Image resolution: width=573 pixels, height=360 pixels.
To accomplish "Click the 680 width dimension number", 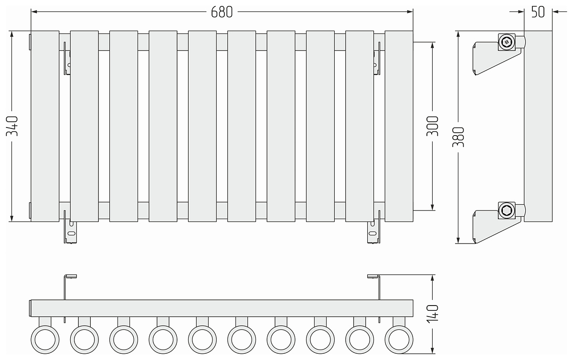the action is point(222,12).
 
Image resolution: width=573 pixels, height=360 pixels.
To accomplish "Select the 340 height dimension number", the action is point(12,126).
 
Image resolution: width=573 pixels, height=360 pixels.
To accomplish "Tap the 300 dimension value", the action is point(432,126).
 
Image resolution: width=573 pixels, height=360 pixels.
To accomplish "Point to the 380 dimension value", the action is point(458,137).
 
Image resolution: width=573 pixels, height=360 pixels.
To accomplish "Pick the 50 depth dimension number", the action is point(538,12).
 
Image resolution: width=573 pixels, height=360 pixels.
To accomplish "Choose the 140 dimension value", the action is point(432,314).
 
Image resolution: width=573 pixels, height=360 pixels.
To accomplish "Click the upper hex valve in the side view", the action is point(507,42).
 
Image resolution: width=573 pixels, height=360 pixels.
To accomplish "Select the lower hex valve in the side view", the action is point(507,211).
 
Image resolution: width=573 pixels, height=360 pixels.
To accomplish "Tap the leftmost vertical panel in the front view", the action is point(45,126).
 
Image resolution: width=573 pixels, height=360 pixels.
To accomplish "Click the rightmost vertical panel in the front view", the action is point(399,126).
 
